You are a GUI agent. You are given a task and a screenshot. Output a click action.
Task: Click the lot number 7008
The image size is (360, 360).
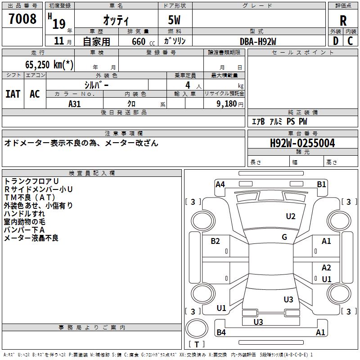tap(23, 19)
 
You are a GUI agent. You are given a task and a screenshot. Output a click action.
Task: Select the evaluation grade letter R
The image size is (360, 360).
tap(343, 20)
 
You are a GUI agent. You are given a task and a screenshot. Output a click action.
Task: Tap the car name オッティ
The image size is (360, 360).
tap(116, 20)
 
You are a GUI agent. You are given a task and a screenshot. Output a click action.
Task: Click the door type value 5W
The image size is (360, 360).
tap(175, 20)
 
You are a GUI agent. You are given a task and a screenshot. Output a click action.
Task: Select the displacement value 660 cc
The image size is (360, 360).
tap(138, 41)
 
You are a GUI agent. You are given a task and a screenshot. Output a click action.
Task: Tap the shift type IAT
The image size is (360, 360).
tap(13, 94)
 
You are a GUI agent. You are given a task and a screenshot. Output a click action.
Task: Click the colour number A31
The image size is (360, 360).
tap(75, 104)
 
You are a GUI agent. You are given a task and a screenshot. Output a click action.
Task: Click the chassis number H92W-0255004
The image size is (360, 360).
tap(302, 144)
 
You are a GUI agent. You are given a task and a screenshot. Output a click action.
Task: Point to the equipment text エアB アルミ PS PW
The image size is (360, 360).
tap(279, 121)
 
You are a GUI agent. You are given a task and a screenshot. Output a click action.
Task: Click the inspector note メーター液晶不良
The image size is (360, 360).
tap(31, 238)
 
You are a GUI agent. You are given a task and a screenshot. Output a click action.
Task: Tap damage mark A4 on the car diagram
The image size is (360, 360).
tap(220, 184)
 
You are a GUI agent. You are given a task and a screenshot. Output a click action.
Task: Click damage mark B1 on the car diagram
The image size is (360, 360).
tap(321, 184)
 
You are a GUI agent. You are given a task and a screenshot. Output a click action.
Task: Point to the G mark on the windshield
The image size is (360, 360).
tap(284, 237)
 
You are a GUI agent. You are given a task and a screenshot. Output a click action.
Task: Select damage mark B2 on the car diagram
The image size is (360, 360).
tap(216, 241)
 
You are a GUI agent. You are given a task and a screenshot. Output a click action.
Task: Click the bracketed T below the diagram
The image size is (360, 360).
tap(197, 344)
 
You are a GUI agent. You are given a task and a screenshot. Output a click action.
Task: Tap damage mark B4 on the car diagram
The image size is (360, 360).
tap(221, 333)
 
